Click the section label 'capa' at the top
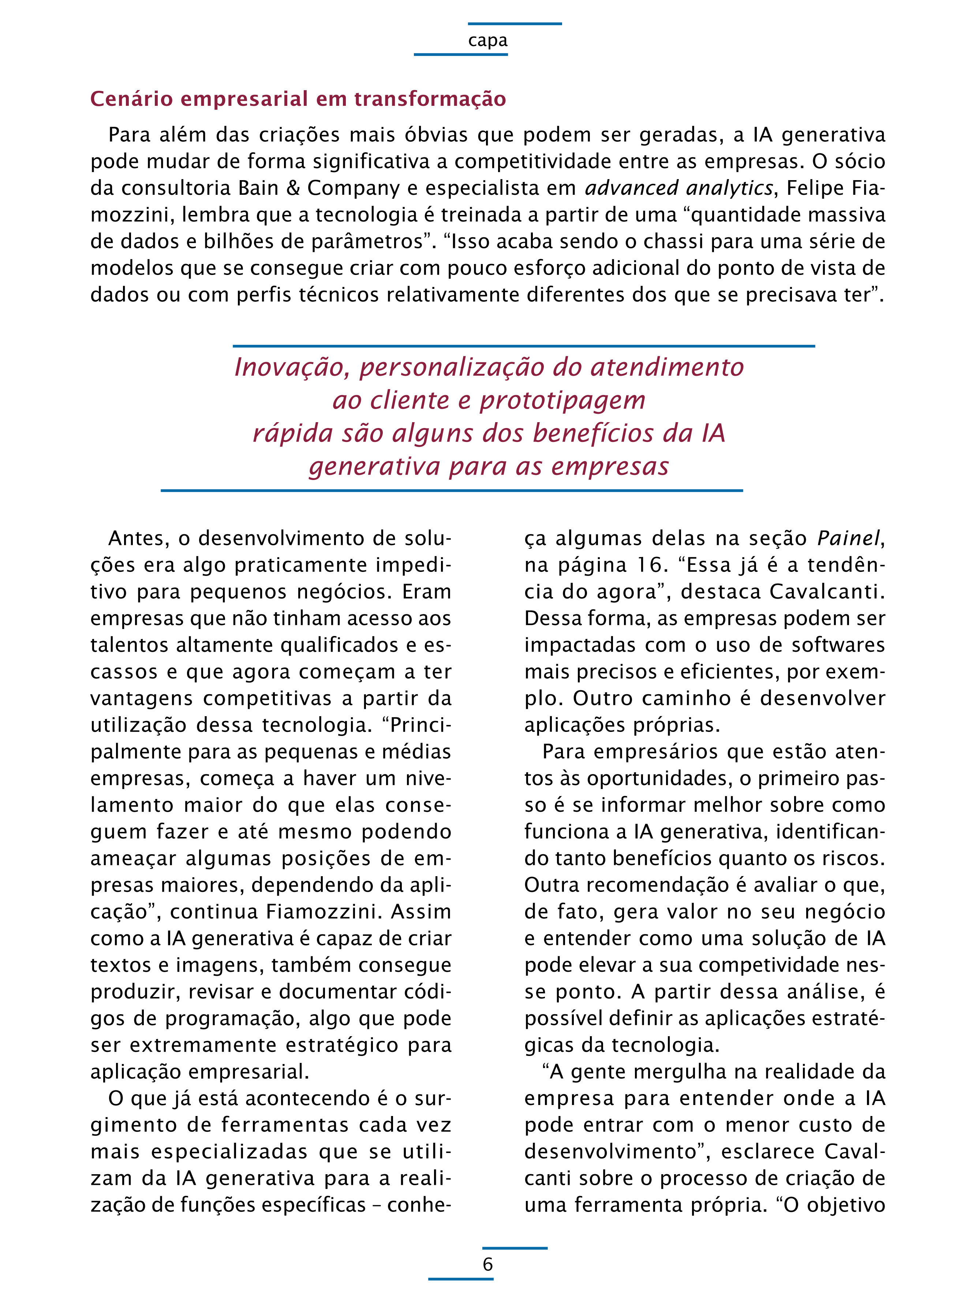tap(488, 41)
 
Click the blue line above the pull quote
tap(524, 346)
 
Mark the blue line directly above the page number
tap(515, 1248)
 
